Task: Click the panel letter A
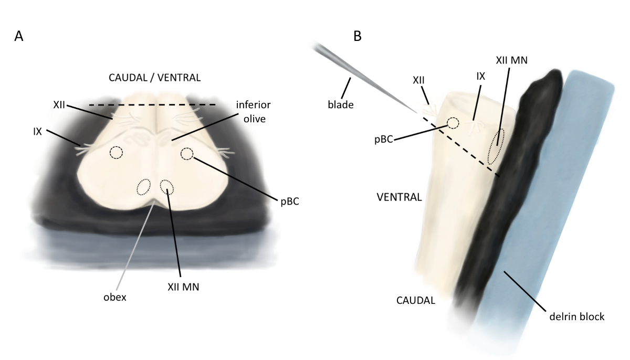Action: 18,36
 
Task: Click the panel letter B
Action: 358,36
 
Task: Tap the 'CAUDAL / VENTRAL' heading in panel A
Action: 154,78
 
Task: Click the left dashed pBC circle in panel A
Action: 116,153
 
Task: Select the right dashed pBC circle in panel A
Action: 187,153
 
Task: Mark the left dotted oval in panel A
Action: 143,187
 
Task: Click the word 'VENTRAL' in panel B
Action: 400,198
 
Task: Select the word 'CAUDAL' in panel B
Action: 416,301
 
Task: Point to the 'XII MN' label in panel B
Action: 511,60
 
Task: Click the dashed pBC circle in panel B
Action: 453,123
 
